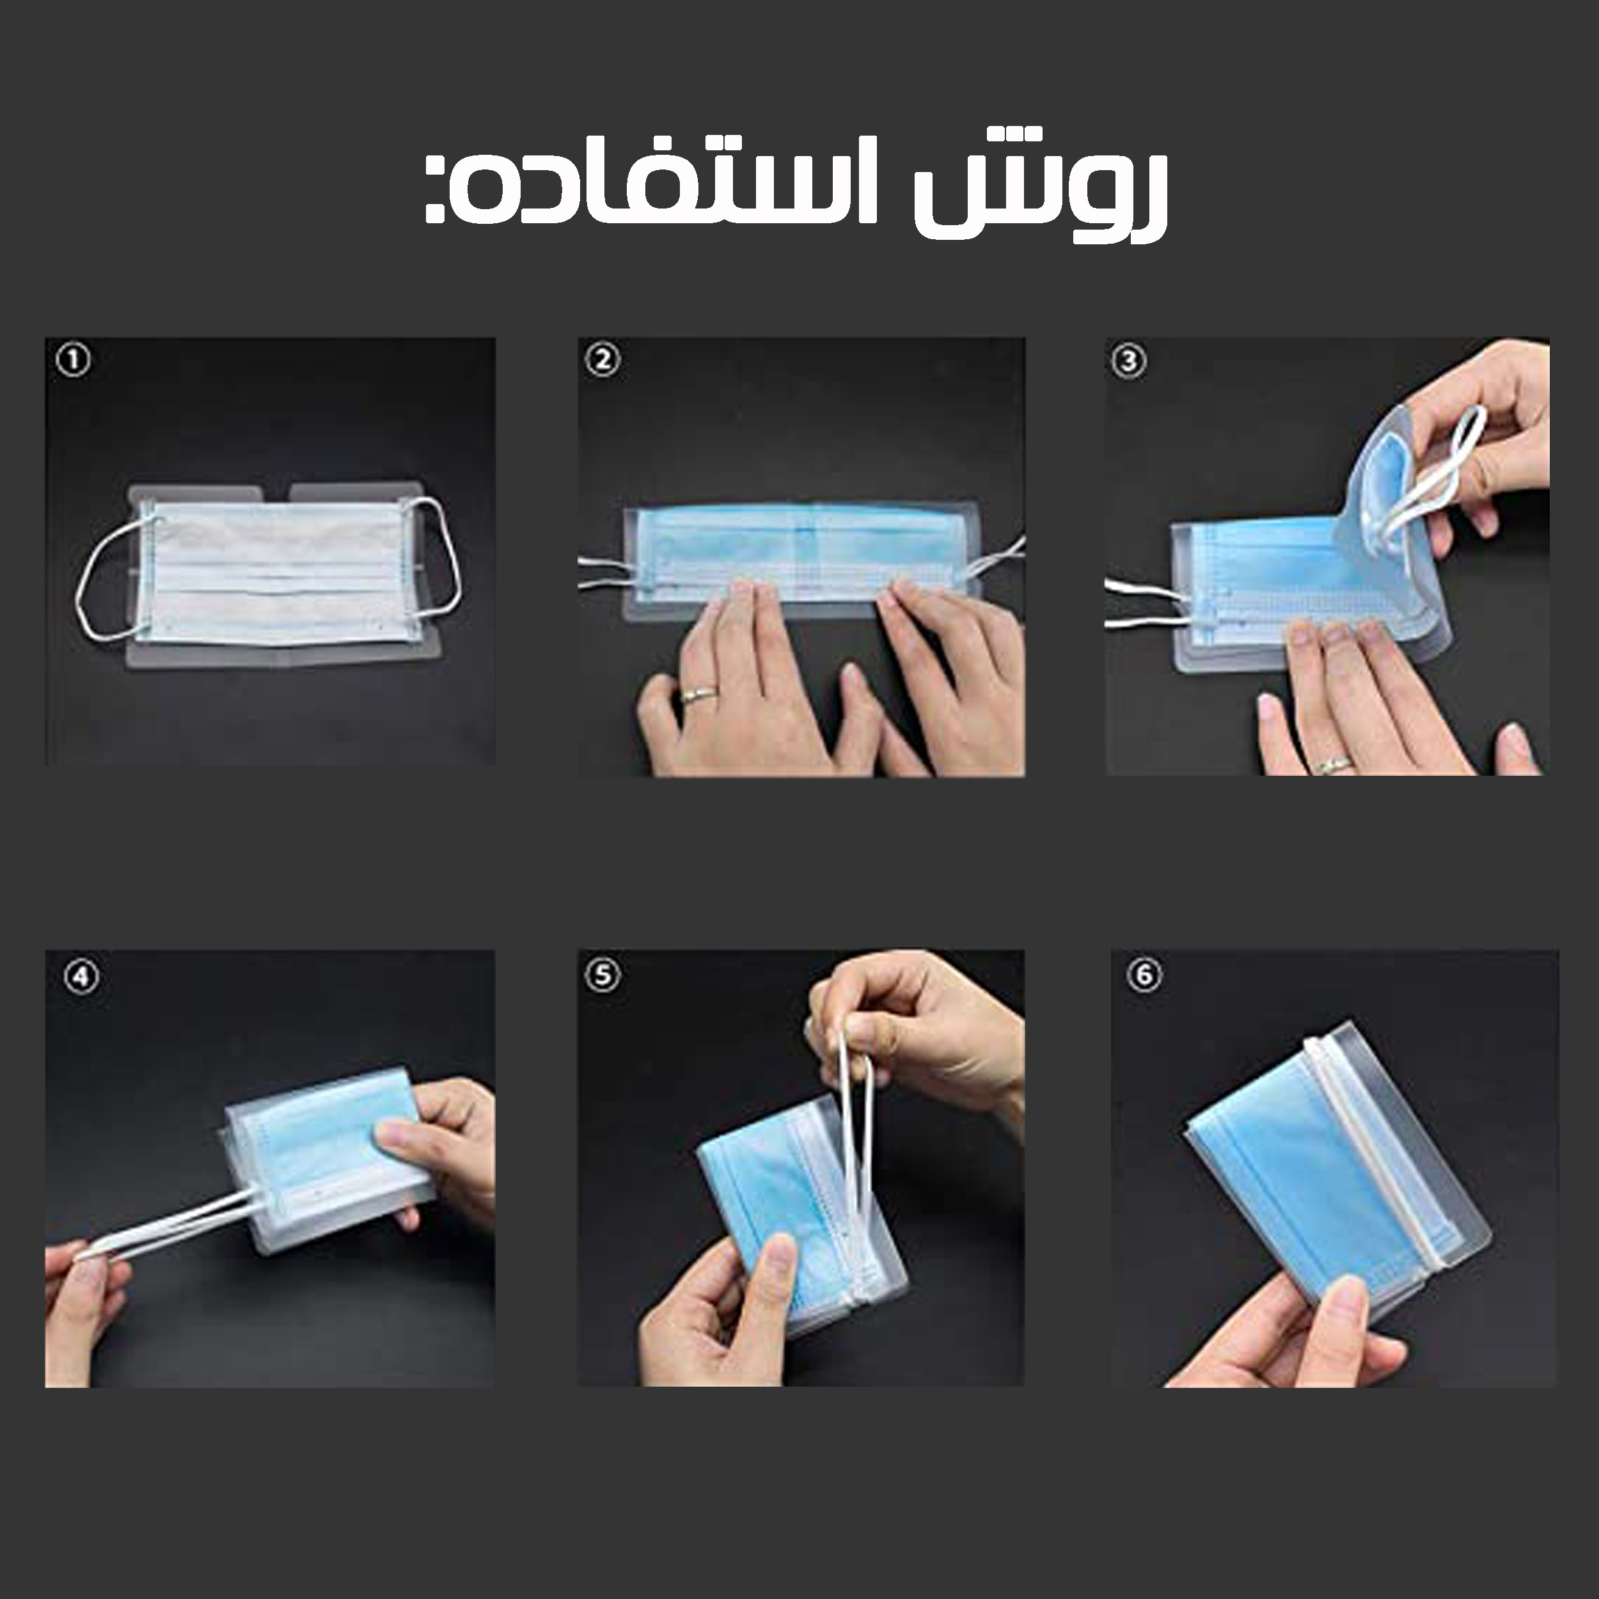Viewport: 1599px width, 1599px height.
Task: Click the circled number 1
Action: [74, 360]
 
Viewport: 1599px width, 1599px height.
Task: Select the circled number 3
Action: [1129, 360]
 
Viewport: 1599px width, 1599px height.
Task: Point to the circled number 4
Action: [81, 977]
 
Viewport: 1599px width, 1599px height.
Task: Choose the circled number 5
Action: [602, 975]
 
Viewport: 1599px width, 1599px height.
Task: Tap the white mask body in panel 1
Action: [273, 571]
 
